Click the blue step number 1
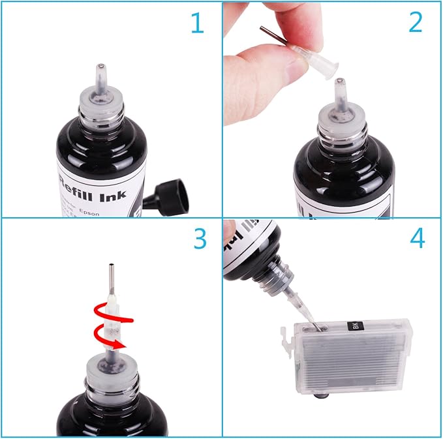[x=196, y=25]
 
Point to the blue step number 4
[x=417, y=239]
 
